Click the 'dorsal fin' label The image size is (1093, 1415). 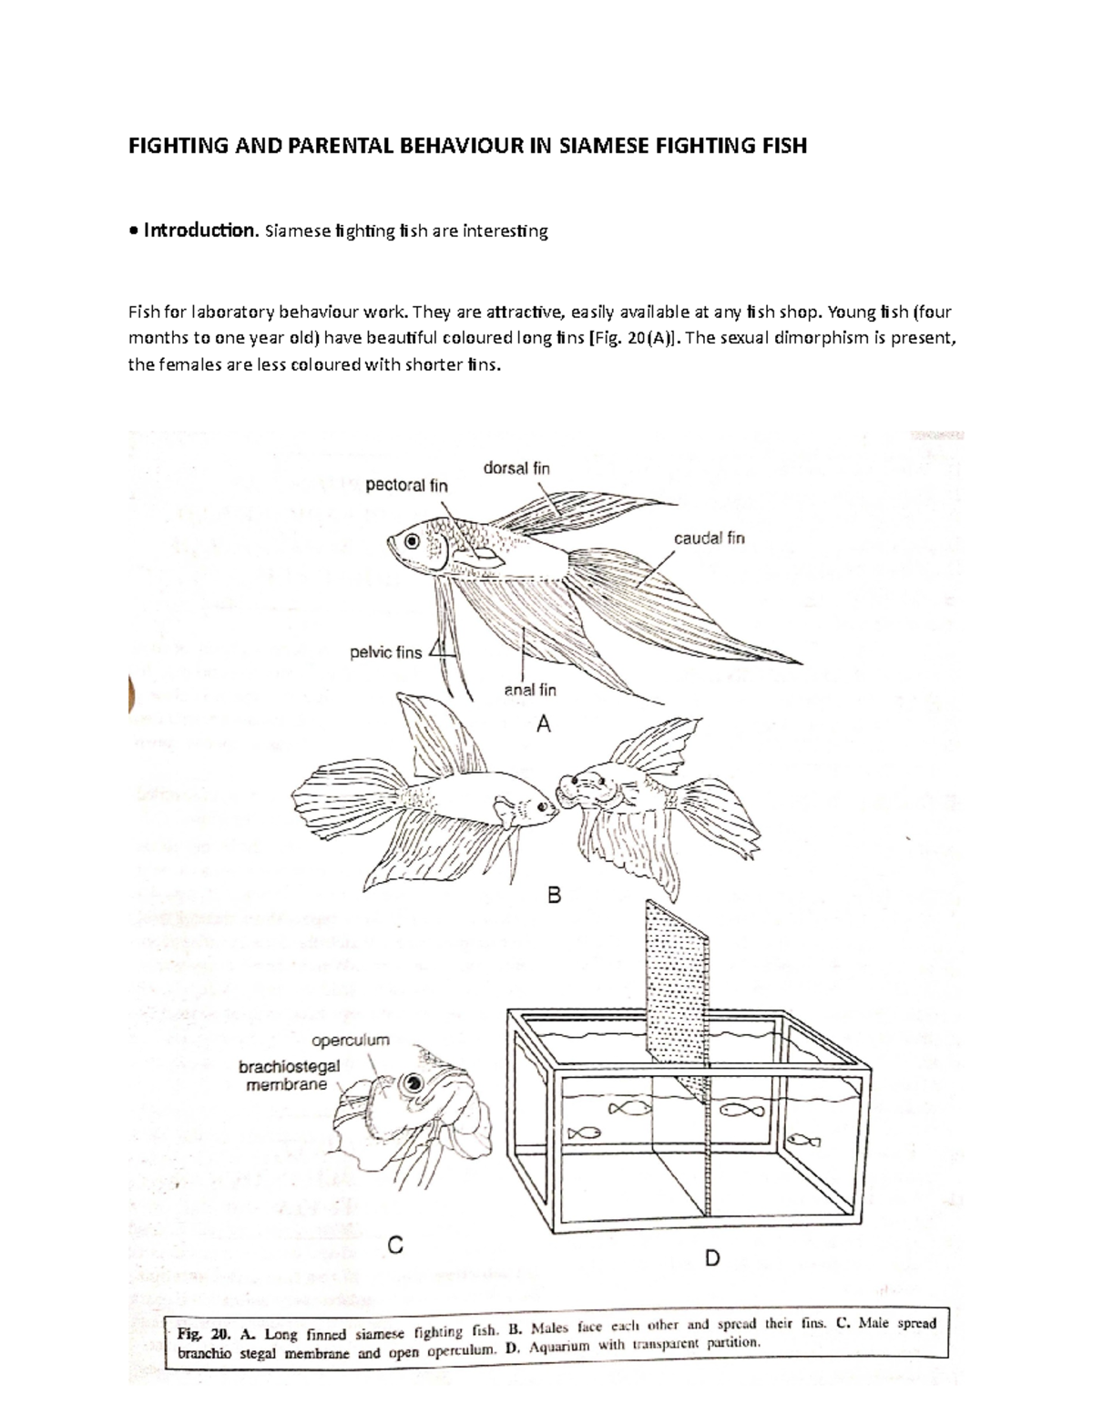[x=516, y=468]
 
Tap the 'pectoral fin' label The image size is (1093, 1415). [x=406, y=486]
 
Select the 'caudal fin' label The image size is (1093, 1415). [x=709, y=538]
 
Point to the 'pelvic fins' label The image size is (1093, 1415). [x=386, y=652]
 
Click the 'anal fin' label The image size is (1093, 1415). [x=530, y=691]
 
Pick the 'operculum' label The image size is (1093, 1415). [x=350, y=1040]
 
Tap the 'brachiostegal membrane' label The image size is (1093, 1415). [x=289, y=1075]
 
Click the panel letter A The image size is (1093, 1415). [x=544, y=724]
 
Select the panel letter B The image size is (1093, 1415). [x=553, y=896]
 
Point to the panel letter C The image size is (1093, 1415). [x=395, y=1246]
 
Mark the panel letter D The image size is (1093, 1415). [x=712, y=1258]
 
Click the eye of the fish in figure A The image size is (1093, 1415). [x=412, y=541]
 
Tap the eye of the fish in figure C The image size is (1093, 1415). [x=414, y=1082]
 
